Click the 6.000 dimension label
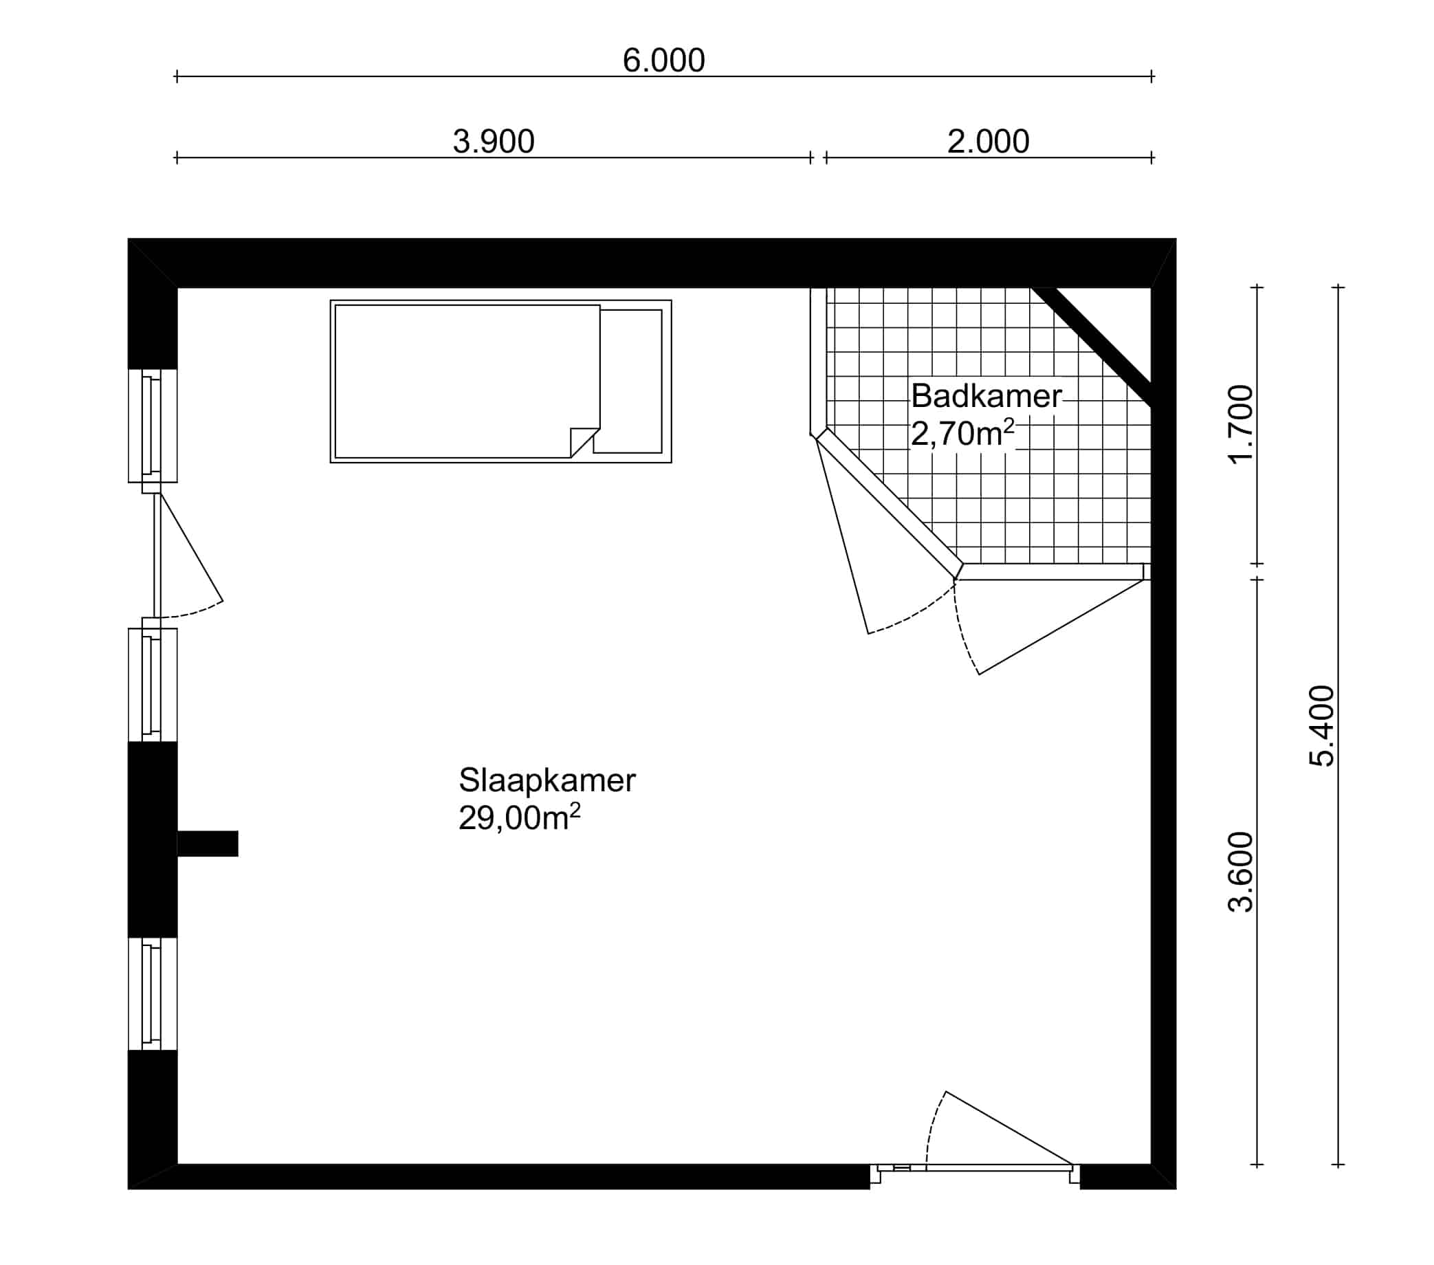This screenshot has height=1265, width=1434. coord(663,60)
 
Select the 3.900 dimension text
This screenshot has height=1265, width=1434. coord(493,142)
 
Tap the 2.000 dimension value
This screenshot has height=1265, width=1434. coord(988,142)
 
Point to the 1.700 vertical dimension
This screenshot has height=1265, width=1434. coord(1240,424)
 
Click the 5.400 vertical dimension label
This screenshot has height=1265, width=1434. coord(1322,725)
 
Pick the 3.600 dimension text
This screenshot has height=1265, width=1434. coord(1240,872)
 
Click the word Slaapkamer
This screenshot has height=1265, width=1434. coord(547,780)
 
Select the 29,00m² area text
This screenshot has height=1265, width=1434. coord(520,817)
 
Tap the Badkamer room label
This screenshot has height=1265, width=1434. coord(986,397)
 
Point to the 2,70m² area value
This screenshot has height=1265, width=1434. coord(962,434)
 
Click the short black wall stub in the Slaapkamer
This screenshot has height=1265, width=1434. coord(208,844)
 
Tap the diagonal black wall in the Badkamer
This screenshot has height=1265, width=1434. coord(1092,346)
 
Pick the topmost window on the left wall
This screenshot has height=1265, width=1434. coord(152,426)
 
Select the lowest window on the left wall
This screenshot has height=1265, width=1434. coord(152,993)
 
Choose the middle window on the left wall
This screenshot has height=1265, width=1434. coord(152,685)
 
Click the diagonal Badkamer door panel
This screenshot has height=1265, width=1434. coord(889,503)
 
